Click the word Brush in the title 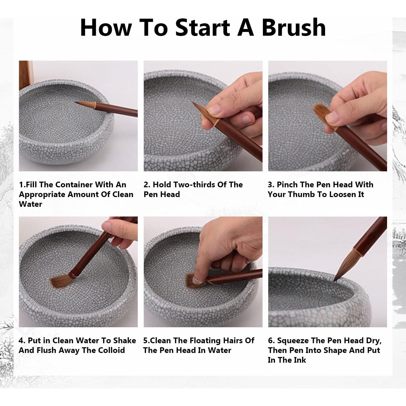294,28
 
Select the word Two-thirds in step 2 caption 194,185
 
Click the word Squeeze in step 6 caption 293,340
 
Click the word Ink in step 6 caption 300,360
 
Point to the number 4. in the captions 22,340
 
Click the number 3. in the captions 271,185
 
